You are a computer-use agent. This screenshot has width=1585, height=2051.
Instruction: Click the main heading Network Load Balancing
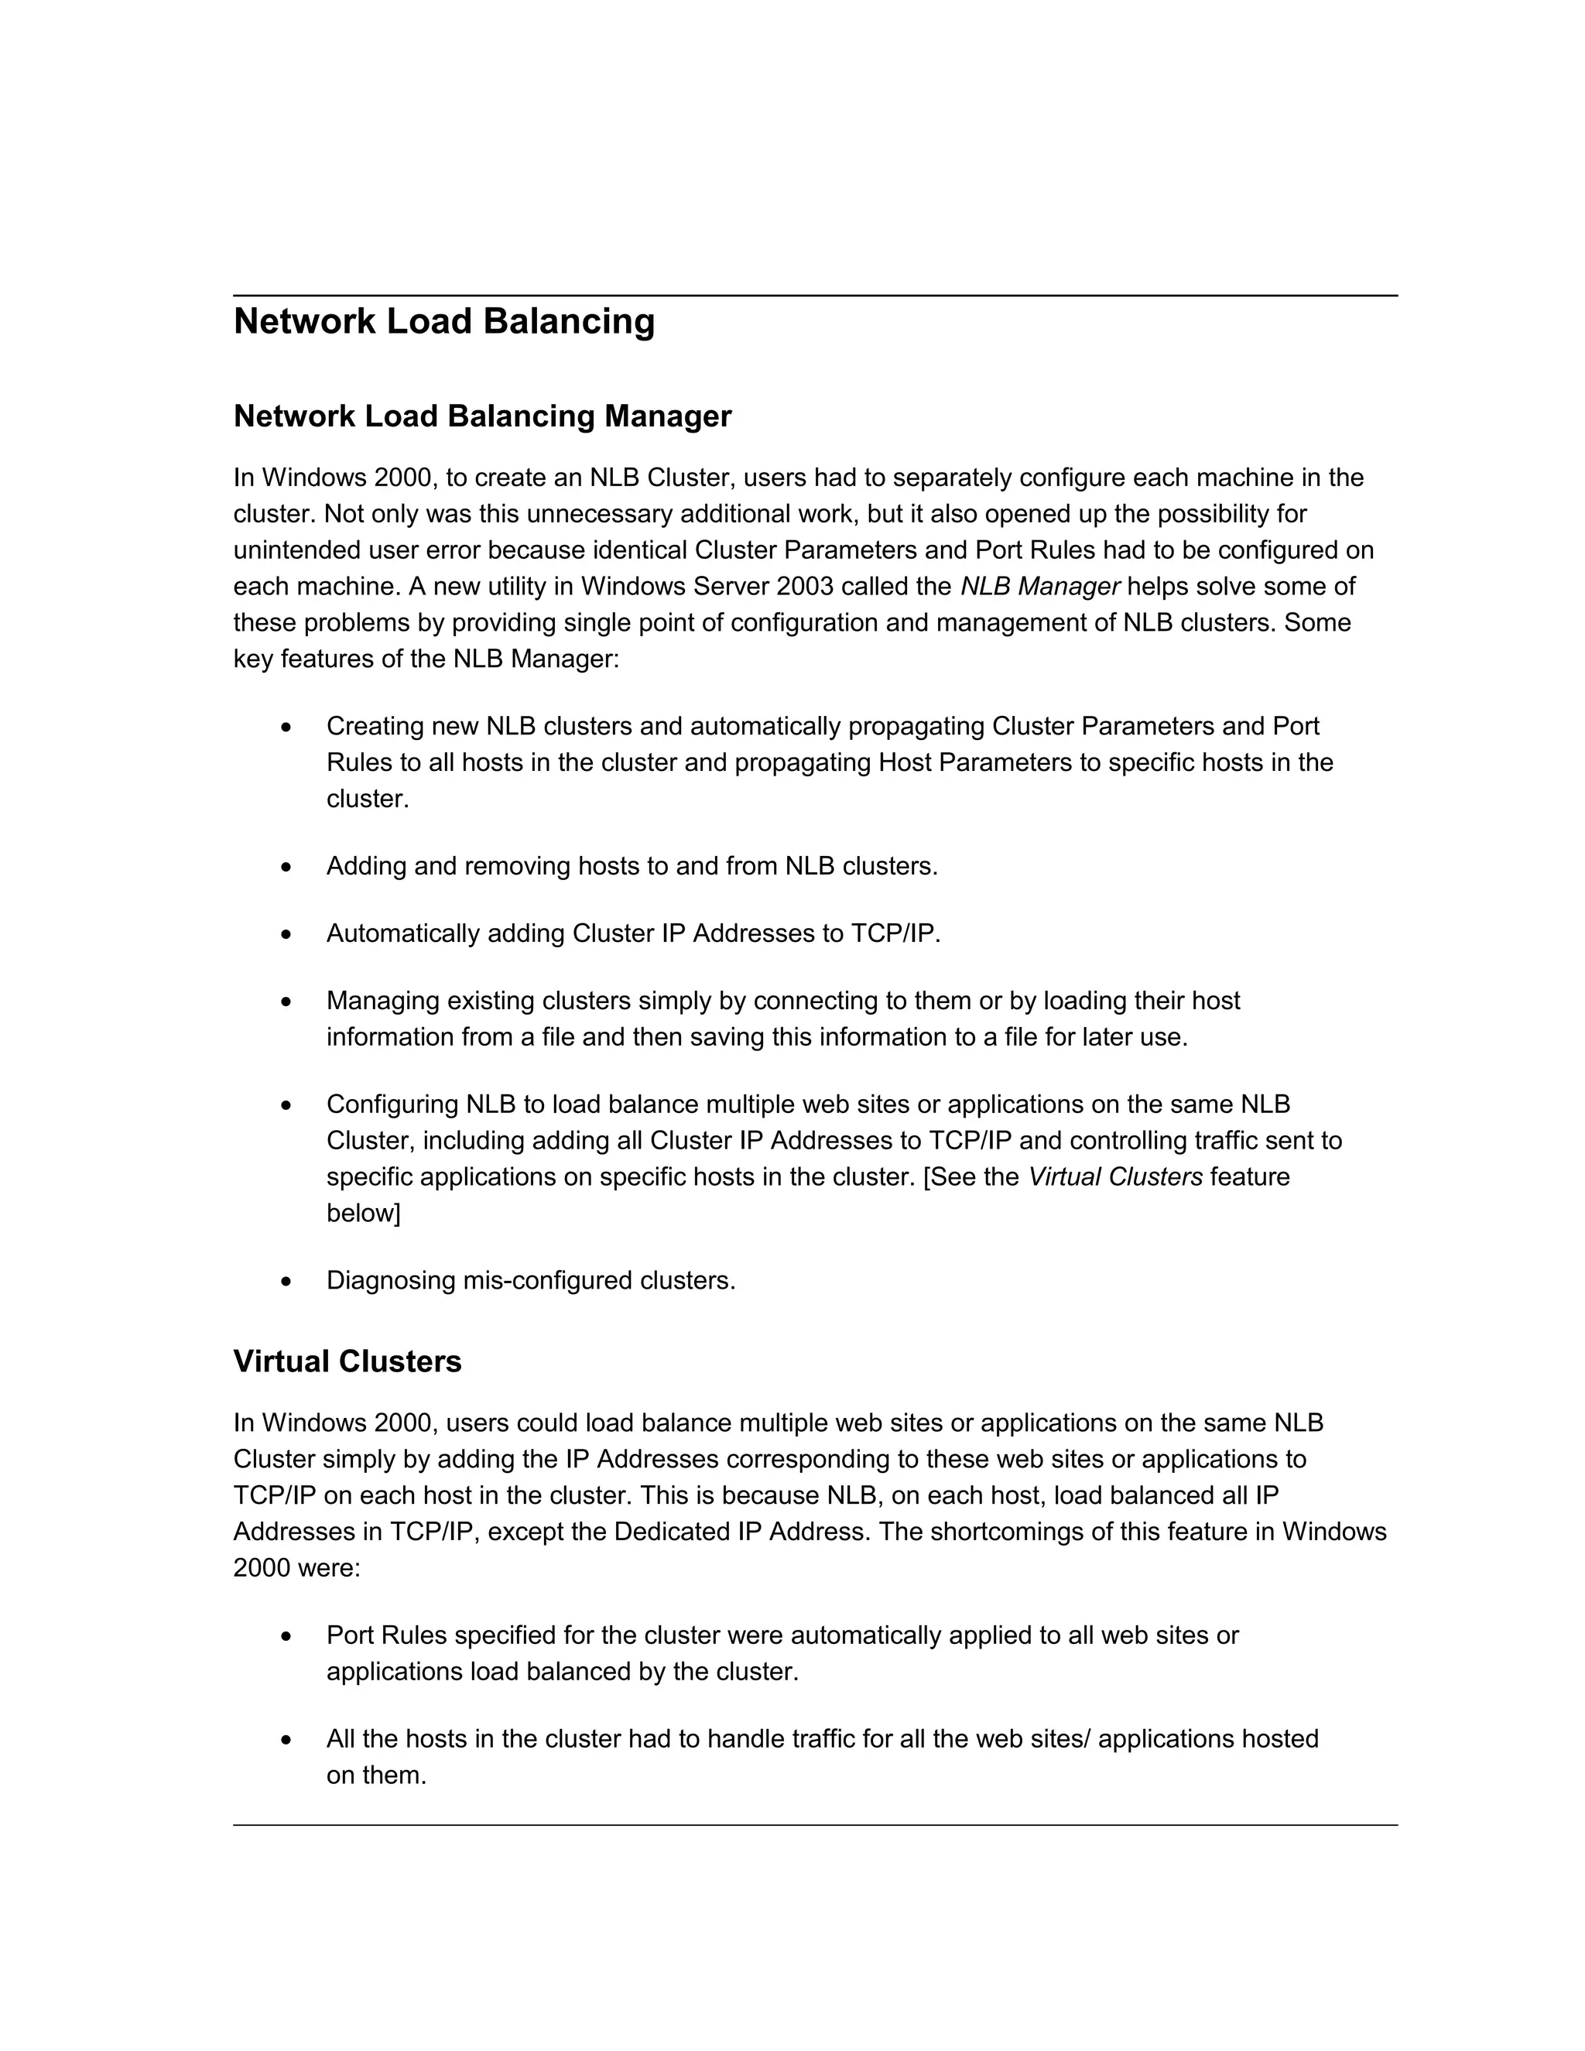pyautogui.click(x=443, y=321)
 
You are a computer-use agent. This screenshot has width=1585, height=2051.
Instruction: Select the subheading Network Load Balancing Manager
pyautogui.click(x=481, y=416)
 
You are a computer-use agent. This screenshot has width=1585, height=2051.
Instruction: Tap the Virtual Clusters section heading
pyautogui.click(x=347, y=1361)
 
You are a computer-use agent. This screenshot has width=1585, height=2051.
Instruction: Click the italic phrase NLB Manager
pyautogui.click(x=1039, y=587)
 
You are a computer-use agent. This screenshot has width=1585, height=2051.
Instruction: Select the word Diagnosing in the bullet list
pyautogui.click(x=391, y=1281)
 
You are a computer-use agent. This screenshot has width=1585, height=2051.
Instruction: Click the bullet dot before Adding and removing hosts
pyautogui.click(x=286, y=867)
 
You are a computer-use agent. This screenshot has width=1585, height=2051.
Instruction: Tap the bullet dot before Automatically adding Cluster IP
pyautogui.click(x=286, y=934)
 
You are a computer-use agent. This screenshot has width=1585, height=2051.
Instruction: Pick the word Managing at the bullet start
pyautogui.click(x=383, y=1001)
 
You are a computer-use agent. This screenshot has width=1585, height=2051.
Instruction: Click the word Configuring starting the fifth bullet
pyautogui.click(x=392, y=1105)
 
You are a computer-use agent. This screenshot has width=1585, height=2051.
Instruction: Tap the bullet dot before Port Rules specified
pyautogui.click(x=286, y=1637)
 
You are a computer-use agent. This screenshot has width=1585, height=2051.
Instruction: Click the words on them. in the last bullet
pyautogui.click(x=377, y=1775)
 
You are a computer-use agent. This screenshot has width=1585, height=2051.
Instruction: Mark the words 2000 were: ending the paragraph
pyautogui.click(x=296, y=1568)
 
